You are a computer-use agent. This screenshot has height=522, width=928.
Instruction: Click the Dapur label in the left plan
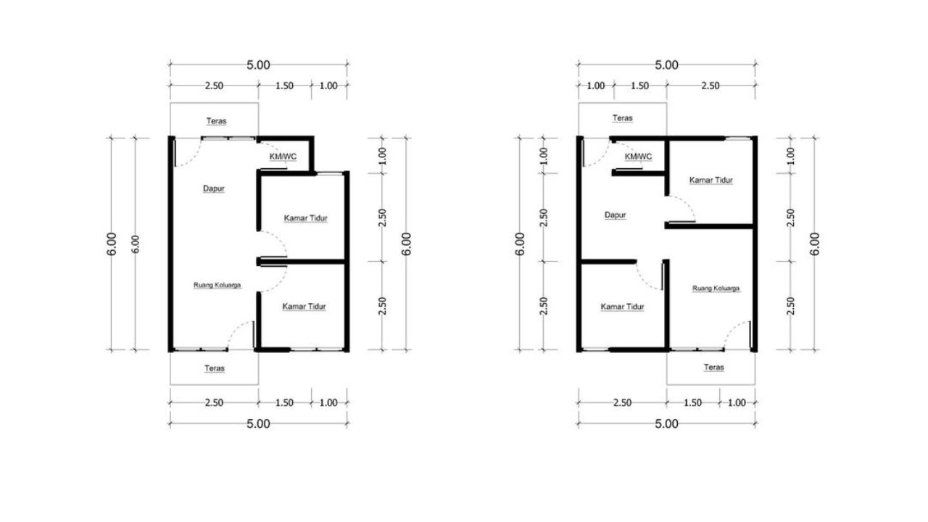(x=214, y=188)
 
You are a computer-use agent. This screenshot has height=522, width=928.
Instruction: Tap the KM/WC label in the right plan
(x=638, y=157)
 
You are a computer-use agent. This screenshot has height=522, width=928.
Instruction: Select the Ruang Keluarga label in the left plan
(x=217, y=285)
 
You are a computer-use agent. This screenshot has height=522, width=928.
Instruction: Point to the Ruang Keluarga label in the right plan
(x=716, y=289)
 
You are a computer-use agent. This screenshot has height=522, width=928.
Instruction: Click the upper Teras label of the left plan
(x=217, y=121)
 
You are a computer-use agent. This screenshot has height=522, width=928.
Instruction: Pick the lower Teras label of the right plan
(x=714, y=368)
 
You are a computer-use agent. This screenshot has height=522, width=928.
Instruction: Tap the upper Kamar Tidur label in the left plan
(x=306, y=218)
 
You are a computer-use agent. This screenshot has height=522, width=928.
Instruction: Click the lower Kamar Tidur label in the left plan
(x=304, y=307)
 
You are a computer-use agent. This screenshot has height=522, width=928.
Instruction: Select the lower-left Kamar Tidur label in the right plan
(x=622, y=307)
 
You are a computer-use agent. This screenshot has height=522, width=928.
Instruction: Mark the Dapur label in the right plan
(x=616, y=215)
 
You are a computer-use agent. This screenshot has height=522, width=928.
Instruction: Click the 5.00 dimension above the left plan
(x=259, y=65)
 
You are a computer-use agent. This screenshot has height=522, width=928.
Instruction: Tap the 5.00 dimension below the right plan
(x=666, y=424)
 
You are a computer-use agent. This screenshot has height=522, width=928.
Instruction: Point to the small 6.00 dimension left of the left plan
(x=136, y=244)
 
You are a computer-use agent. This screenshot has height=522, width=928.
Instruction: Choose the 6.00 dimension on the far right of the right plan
(x=814, y=244)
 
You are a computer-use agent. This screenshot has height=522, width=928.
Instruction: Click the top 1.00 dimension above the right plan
(x=596, y=86)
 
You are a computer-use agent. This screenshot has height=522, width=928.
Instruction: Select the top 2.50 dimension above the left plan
(x=214, y=86)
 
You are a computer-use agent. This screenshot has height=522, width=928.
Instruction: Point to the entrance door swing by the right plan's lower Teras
(x=732, y=329)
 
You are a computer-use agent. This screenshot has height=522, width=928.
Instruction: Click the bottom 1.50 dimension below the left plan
(x=285, y=402)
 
